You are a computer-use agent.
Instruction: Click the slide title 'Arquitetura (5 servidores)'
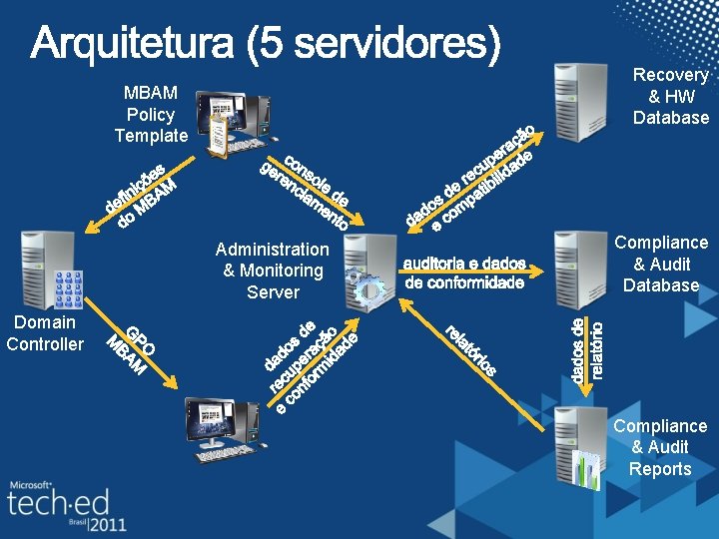[x=265, y=45]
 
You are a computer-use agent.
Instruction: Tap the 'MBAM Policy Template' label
[x=150, y=114]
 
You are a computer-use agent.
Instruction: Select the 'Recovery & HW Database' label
[x=671, y=97]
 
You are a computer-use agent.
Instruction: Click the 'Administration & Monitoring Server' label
[x=272, y=270]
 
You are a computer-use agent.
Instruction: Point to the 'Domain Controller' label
[x=45, y=333]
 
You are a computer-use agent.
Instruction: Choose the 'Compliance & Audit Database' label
[x=660, y=264]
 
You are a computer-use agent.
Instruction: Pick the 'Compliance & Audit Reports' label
[x=660, y=447]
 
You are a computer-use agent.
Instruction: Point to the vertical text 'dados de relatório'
[x=587, y=349]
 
